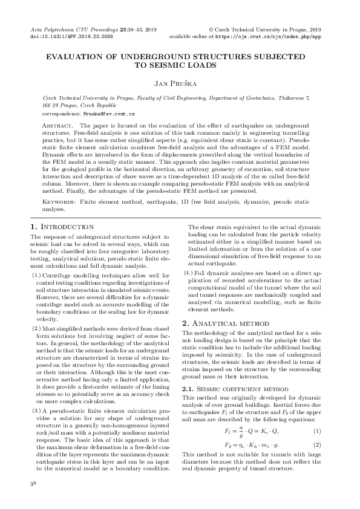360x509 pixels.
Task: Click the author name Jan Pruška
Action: tap(180, 82)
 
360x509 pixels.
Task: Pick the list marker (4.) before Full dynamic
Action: tap(188, 273)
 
